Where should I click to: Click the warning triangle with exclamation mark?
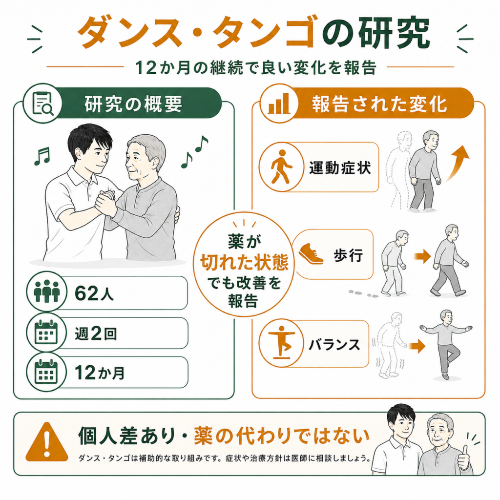47,442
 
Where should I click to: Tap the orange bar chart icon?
279,104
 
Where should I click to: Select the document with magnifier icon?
43,104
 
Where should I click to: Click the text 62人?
94,293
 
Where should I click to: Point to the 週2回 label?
96,333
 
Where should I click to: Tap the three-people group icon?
46,291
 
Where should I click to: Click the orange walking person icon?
281,167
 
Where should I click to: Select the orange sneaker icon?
311,254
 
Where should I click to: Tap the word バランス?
334,345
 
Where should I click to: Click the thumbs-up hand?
463,458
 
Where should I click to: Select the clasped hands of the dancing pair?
106,203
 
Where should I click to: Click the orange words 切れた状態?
244,262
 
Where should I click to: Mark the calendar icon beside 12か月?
46,372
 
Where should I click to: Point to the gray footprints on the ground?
363,293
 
